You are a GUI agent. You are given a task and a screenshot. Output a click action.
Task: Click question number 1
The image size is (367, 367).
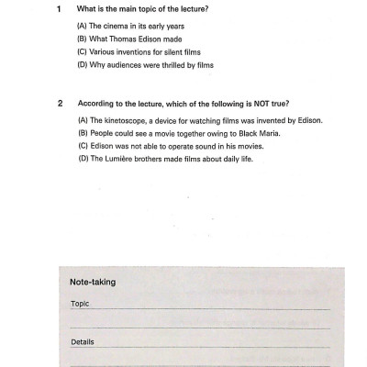tap(58, 10)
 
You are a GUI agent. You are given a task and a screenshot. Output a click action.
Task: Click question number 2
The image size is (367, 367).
tap(58, 105)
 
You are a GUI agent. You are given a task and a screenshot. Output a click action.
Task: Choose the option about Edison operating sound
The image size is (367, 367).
tap(161, 147)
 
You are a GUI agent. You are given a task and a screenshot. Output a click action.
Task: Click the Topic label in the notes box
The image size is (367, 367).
tap(80, 303)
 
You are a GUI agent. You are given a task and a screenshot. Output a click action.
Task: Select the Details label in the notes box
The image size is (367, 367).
tap(83, 341)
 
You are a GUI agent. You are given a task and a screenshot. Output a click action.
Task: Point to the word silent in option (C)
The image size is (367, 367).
tap(172, 52)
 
